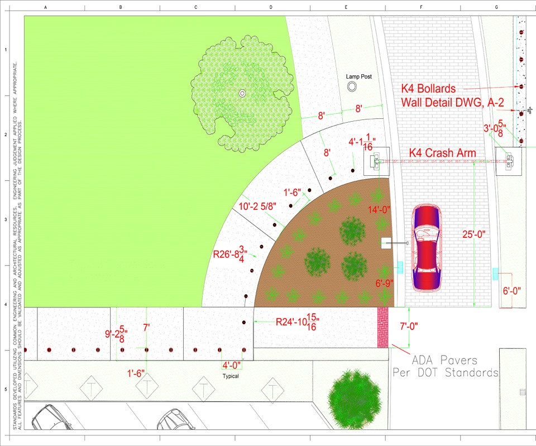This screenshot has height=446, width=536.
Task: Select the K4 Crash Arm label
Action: click(442, 152)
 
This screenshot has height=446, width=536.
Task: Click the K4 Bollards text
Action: click(428, 89)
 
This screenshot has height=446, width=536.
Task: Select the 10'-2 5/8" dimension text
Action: click(259, 206)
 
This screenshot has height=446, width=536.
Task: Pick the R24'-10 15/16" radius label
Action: click(298, 322)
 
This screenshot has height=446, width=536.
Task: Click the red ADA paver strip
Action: click(382, 327)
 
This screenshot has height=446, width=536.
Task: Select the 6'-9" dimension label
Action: click(385, 283)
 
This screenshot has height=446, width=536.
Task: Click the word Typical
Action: click(227, 376)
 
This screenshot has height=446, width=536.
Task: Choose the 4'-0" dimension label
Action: click(232, 366)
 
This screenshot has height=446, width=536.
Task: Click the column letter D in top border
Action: click(271, 7)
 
